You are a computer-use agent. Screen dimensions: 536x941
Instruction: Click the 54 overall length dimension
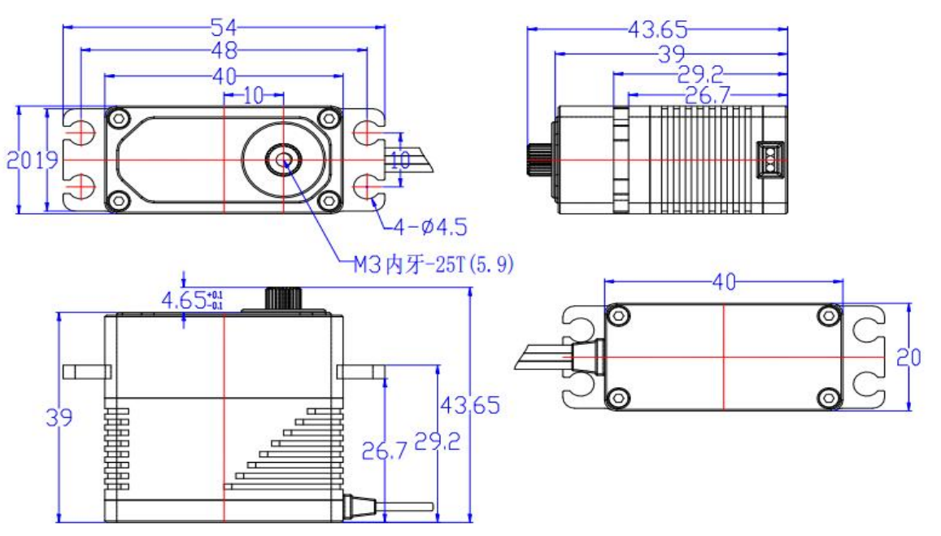[224, 28]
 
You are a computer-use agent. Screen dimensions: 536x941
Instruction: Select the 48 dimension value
[224, 51]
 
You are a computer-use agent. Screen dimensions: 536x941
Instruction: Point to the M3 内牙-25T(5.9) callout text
[433, 264]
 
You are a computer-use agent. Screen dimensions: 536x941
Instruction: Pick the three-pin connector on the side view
[767, 160]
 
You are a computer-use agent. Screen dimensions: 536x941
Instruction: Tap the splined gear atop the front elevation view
[284, 299]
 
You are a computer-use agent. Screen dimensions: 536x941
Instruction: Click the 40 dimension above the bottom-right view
[723, 282]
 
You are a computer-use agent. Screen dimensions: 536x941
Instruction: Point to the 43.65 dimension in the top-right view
[657, 30]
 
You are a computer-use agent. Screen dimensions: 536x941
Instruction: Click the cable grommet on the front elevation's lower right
[355, 507]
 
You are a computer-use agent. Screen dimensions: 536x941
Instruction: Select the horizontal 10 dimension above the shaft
[253, 96]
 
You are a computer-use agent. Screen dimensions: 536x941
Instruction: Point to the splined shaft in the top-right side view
[538, 159]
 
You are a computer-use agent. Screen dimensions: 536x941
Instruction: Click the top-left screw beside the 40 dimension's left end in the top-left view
[120, 119]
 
